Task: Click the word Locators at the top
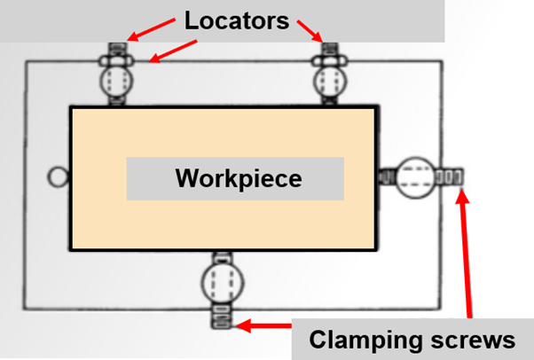[x=237, y=20]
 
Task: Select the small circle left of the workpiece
[x=58, y=177]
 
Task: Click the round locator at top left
[x=119, y=82]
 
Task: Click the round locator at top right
[x=330, y=82]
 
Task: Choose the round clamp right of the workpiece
[x=413, y=176]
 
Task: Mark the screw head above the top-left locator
[x=119, y=48]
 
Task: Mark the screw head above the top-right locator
[x=330, y=48]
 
